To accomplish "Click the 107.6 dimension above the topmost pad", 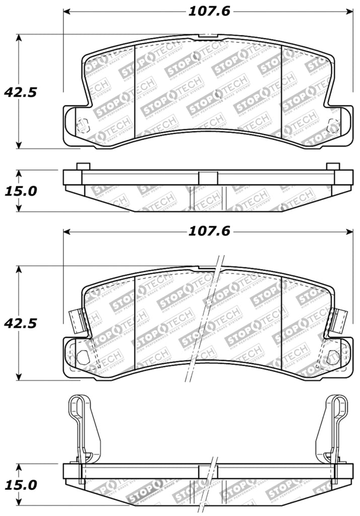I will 209,11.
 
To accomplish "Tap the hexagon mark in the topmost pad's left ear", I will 83,124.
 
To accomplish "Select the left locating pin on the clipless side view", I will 83,166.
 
